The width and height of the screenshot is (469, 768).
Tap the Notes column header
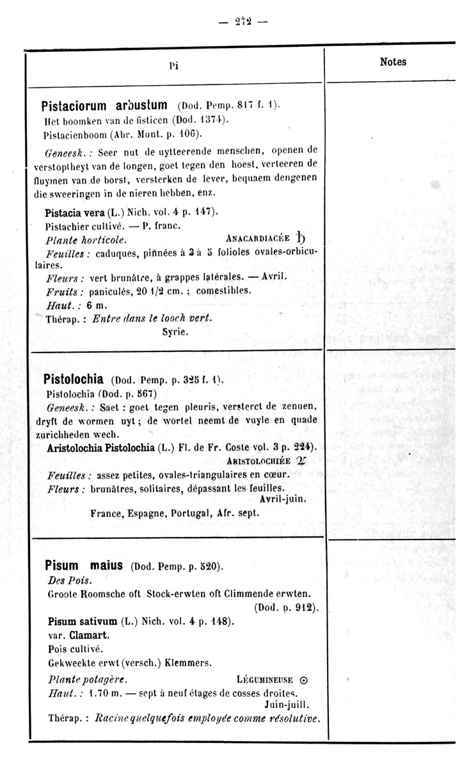pyautogui.click(x=393, y=62)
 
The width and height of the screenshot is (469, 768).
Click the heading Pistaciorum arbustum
pyautogui.click(x=104, y=104)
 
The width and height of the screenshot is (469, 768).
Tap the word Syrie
pyautogui.click(x=175, y=333)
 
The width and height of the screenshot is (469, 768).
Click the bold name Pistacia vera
pyautogui.click(x=71, y=211)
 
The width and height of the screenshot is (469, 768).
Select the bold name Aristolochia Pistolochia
pyautogui.click(x=100, y=447)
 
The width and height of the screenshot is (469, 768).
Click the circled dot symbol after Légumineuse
pyautogui.click(x=304, y=680)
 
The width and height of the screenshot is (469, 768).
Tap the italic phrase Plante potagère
pyautogui.click(x=88, y=680)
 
